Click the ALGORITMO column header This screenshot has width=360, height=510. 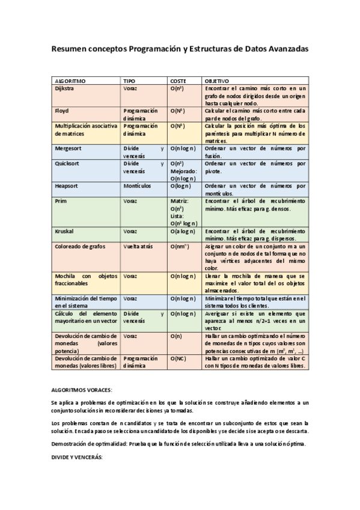tap(70, 80)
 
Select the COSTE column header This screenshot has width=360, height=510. tap(178, 80)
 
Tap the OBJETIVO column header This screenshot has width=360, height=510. tap(217, 80)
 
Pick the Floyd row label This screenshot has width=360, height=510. tap(61, 111)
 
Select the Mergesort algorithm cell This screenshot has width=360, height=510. tap(68, 147)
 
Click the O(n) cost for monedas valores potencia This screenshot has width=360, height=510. tap(177, 336)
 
